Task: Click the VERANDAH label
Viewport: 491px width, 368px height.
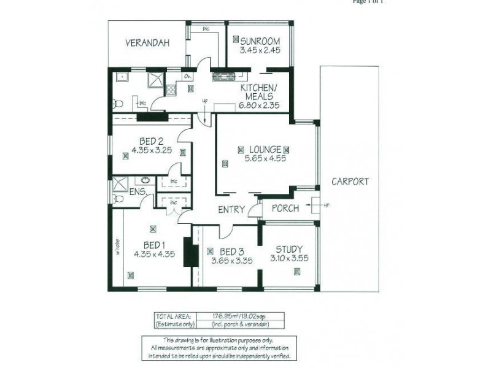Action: (147, 43)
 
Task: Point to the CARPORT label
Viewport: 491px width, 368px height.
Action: (349, 182)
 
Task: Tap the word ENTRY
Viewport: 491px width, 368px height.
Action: (232, 209)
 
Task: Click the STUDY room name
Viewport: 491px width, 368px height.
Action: (288, 249)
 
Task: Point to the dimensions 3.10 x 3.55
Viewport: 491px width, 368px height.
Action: (288, 259)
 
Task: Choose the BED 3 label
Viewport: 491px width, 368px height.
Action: (233, 250)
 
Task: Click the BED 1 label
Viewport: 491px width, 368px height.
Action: (151, 242)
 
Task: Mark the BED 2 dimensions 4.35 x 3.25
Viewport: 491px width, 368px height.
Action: (152, 149)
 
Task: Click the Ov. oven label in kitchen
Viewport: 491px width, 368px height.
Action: (187, 77)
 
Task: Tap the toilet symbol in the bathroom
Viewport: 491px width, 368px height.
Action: (120, 102)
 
